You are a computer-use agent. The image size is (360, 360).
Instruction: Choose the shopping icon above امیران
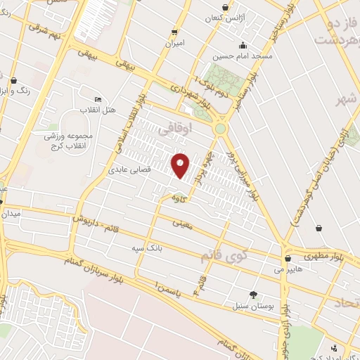pyautogui.click(x=174, y=32)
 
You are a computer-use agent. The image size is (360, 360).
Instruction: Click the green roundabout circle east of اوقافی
pyautogui.click(x=221, y=129)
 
